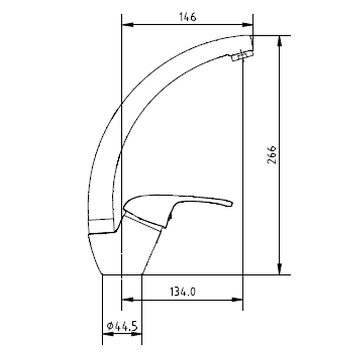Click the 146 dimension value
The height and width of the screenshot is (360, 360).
pos(187,18)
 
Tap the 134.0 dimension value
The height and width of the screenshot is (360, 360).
pos(182,292)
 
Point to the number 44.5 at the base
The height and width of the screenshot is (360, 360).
pos(126,326)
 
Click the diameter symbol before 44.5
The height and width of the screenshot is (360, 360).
pos(109,326)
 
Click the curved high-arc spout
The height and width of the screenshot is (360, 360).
pos(142,95)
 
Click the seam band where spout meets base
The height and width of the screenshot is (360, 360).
pos(101,220)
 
